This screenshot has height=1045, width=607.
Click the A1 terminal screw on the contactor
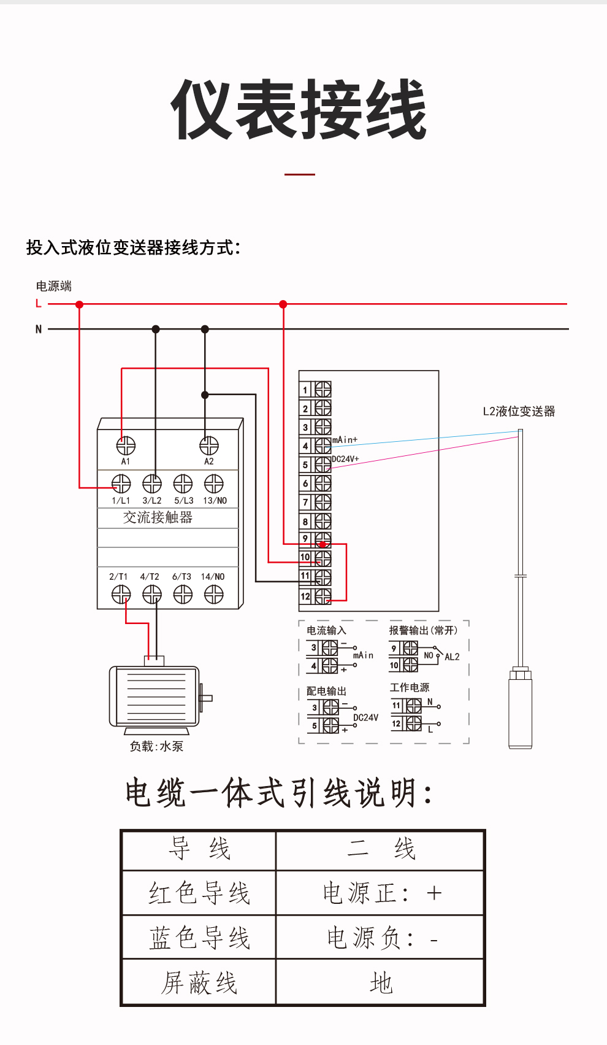point(126,445)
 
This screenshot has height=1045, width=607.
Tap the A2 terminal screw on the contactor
point(209,445)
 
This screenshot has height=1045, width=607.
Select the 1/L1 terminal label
point(121,501)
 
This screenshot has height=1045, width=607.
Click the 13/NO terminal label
point(215,501)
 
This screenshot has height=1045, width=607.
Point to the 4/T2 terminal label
point(150,577)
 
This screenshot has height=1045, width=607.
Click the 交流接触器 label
point(158,517)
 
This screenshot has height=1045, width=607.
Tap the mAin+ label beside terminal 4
point(345,440)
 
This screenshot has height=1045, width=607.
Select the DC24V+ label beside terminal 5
point(345,459)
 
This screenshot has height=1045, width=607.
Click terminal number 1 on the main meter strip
point(305,390)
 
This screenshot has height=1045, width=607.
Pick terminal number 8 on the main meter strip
point(305,522)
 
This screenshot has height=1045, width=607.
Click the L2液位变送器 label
point(519,411)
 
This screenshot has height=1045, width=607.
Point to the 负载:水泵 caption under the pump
point(156,746)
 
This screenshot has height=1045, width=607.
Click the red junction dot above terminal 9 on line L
point(283,304)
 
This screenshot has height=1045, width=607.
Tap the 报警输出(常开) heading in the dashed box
point(423,630)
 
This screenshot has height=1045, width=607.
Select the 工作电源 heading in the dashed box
point(410,687)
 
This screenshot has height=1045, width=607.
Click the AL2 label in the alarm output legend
point(452,657)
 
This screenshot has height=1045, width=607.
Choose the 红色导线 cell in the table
point(199,893)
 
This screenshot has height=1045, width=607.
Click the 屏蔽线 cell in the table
point(199,982)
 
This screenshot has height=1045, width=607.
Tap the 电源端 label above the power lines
point(54,286)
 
